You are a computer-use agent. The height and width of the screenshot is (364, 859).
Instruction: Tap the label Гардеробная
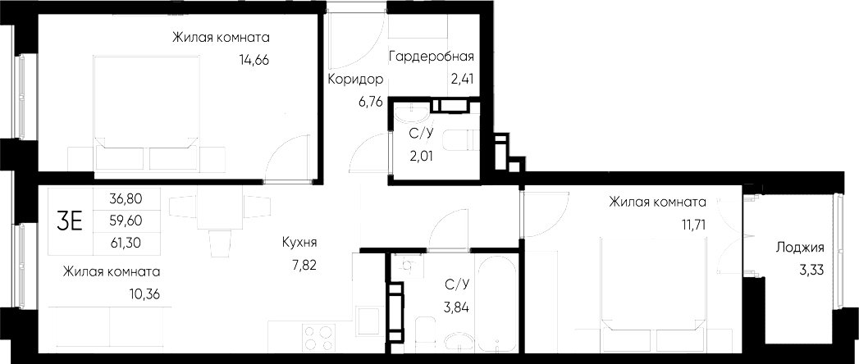click(x=432, y=57)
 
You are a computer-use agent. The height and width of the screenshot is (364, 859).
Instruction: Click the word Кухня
click(x=299, y=243)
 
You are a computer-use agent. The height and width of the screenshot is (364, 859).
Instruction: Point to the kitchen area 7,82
click(x=299, y=265)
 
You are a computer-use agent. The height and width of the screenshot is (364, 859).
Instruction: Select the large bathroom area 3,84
click(x=455, y=307)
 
